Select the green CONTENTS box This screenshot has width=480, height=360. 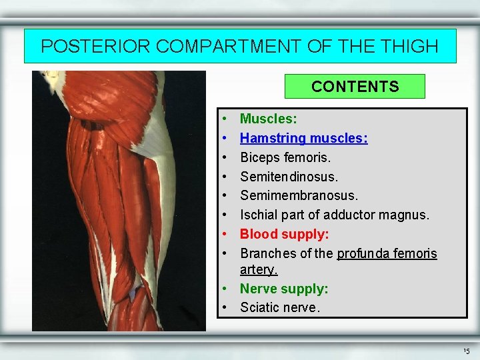[355, 87]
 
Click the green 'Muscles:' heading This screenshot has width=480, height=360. [269, 119]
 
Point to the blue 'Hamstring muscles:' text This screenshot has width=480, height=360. [303, 139]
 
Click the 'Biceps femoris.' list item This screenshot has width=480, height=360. [285, 158]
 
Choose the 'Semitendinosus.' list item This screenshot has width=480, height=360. [289, 177]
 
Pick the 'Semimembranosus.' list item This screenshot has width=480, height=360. [299, 196]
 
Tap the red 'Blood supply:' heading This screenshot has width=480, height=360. [284, 234]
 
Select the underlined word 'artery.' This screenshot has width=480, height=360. [259, 270]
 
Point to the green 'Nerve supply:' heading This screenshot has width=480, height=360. [284, 289]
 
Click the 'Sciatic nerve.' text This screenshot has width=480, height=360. [280, 308]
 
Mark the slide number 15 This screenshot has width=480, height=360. [465, 351]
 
